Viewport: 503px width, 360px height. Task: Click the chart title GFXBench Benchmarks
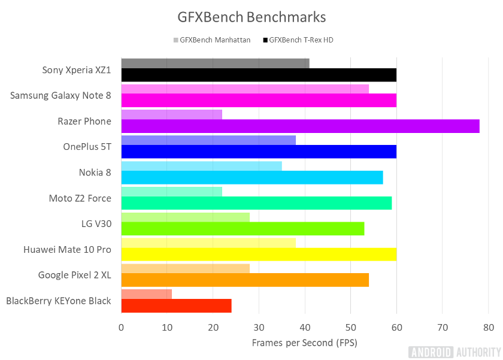click(x=251, y=16)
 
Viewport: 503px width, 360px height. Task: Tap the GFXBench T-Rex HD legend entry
click(x=305, y=40)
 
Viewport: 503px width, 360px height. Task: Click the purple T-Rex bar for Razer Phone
click(x=300, y=126)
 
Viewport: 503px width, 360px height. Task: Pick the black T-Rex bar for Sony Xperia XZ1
click(x=259, y=75)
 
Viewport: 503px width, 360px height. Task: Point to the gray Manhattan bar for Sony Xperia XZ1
click(x=215, y=63)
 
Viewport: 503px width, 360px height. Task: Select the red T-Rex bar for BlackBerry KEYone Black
click(x=176, y=305)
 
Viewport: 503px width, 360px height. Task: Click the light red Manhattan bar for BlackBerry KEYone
click(x=147, y=294)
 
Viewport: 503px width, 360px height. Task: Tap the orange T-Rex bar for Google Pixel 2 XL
click(x=245, y=280)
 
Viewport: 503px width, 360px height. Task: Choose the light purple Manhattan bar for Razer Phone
click(x=171, y=114)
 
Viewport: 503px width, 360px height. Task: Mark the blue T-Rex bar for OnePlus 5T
click(x=259, y=152)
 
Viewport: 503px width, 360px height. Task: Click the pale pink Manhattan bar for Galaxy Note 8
click(x=245, y=89)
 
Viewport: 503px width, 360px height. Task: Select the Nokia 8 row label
click(x=95, y=173)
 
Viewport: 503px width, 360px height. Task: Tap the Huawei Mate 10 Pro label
click(x=67, y=249)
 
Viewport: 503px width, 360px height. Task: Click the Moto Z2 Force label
click(x=80, y=198)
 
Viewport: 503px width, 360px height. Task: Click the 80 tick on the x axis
click(x=488, y=327)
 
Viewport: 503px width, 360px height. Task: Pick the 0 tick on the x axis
click(x=122, y=327)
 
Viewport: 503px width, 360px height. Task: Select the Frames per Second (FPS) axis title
click(x=304, y=343)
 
